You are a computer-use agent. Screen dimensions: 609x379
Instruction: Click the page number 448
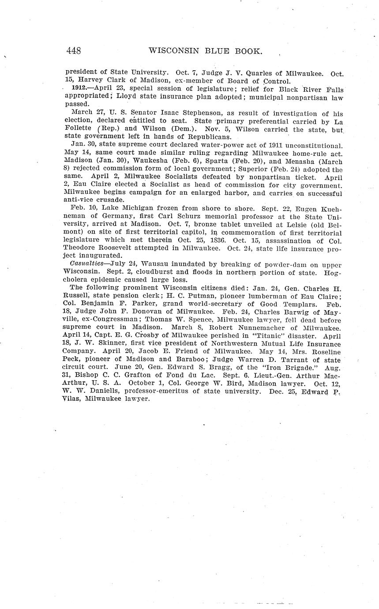coord(73,51)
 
